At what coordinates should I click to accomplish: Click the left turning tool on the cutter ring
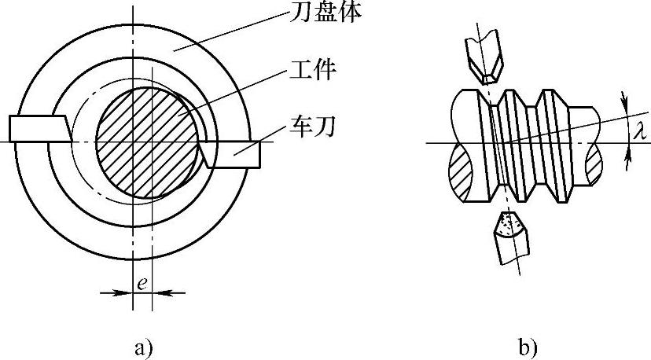(x=38, y=129)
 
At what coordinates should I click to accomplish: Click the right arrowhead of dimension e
(x=156, y=292)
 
